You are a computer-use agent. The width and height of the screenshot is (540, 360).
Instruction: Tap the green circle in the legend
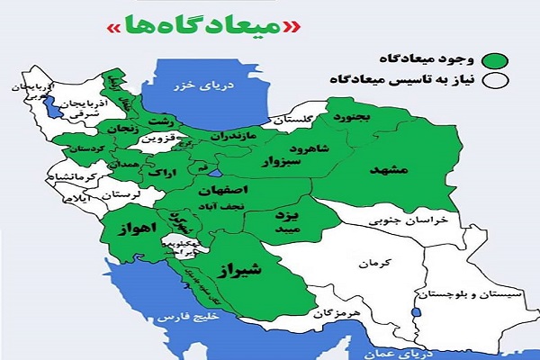494,60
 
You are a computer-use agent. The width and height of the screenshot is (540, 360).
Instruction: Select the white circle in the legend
494,82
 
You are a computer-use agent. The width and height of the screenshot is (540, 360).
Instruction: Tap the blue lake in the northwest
52,106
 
